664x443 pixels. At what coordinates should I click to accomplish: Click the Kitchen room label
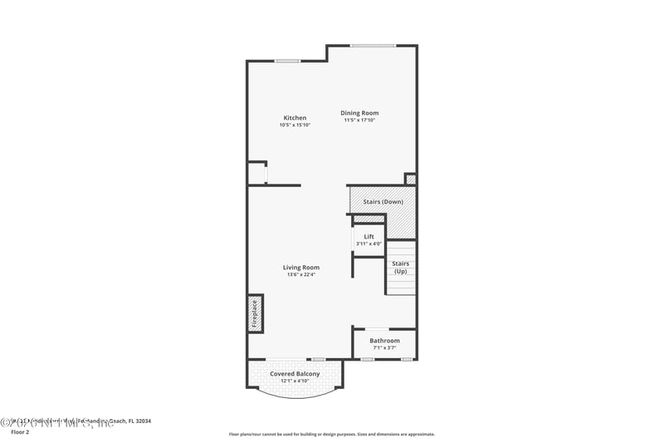point(295,118)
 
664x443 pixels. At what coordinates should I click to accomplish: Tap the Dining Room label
point(361,113)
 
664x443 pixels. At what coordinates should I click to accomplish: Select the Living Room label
point(300,268)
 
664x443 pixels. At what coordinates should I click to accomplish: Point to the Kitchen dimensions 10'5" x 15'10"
point(295,126)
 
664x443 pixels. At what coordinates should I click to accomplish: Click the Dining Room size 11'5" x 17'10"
point(361,121)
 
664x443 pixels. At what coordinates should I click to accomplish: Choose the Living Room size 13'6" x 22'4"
point(300,275)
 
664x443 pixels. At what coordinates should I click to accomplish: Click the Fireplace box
point(256,313)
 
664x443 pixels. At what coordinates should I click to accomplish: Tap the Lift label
point(369,237)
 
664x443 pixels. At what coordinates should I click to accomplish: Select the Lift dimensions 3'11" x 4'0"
point(369,244)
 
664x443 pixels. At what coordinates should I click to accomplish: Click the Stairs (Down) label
point(383,202)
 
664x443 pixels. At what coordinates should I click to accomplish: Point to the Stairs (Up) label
point(401,268)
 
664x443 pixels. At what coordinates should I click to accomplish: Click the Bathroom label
point(384,341)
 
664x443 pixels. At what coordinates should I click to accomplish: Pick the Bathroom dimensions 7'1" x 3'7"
point(384,348)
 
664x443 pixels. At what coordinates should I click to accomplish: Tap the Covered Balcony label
point(295,374)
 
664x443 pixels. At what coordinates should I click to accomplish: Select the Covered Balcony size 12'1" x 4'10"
point(295,381)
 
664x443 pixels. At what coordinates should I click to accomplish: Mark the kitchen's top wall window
point(288,61)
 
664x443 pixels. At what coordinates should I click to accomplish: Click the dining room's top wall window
point(373,45)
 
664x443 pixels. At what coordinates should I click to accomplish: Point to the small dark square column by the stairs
point(410,179)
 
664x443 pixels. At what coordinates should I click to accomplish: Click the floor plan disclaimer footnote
point(331,434)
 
